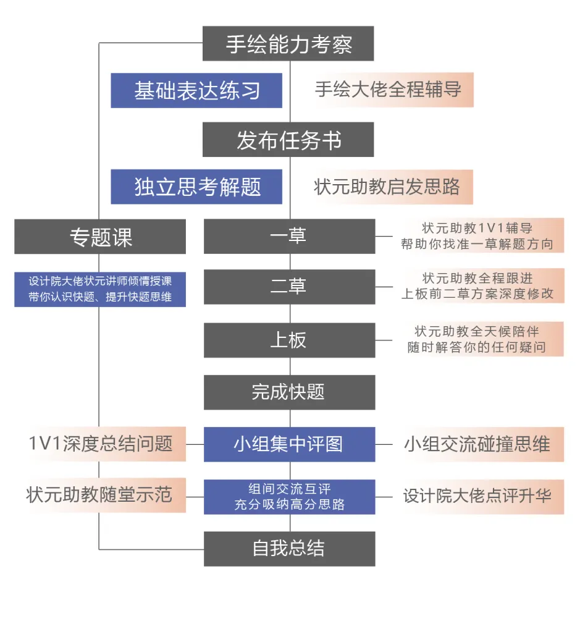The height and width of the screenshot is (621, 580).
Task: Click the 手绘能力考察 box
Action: (288, 44)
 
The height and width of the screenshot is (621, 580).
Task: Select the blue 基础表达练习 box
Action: (196, 91)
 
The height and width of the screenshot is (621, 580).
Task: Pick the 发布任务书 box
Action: (288, 140)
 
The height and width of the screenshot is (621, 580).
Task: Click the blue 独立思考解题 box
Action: (196, 187)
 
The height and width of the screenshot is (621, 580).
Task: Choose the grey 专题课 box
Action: (100, 237)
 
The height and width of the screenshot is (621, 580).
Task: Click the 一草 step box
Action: (289, 237)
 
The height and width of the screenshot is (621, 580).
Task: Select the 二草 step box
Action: (289, 287)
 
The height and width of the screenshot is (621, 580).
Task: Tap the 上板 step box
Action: (289, 340)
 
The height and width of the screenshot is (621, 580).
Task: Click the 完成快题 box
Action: (289, 392)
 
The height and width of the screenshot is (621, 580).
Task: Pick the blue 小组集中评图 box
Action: (289, 444)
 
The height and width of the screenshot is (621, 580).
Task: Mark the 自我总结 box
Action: (289, 549)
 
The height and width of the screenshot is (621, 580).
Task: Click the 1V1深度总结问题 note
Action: (100, 444)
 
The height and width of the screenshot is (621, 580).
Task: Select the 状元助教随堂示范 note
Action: (100, 495)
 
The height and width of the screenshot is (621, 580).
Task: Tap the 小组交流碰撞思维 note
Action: (477, 444)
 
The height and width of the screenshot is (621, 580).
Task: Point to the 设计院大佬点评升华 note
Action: (477, 496)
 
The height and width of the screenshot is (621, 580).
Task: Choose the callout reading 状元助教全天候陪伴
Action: (477, 339)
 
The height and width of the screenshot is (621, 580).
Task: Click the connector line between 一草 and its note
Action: (384, 236)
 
